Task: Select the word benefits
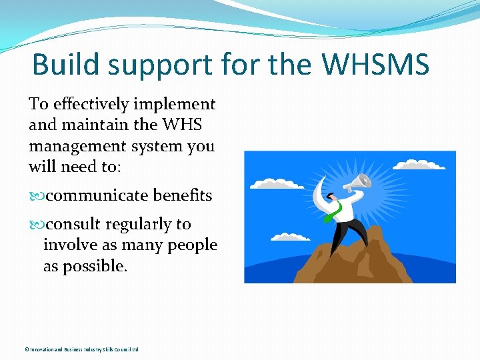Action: [182, 196]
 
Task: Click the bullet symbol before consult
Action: [36, 225]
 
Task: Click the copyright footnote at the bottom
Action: [81, 349]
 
